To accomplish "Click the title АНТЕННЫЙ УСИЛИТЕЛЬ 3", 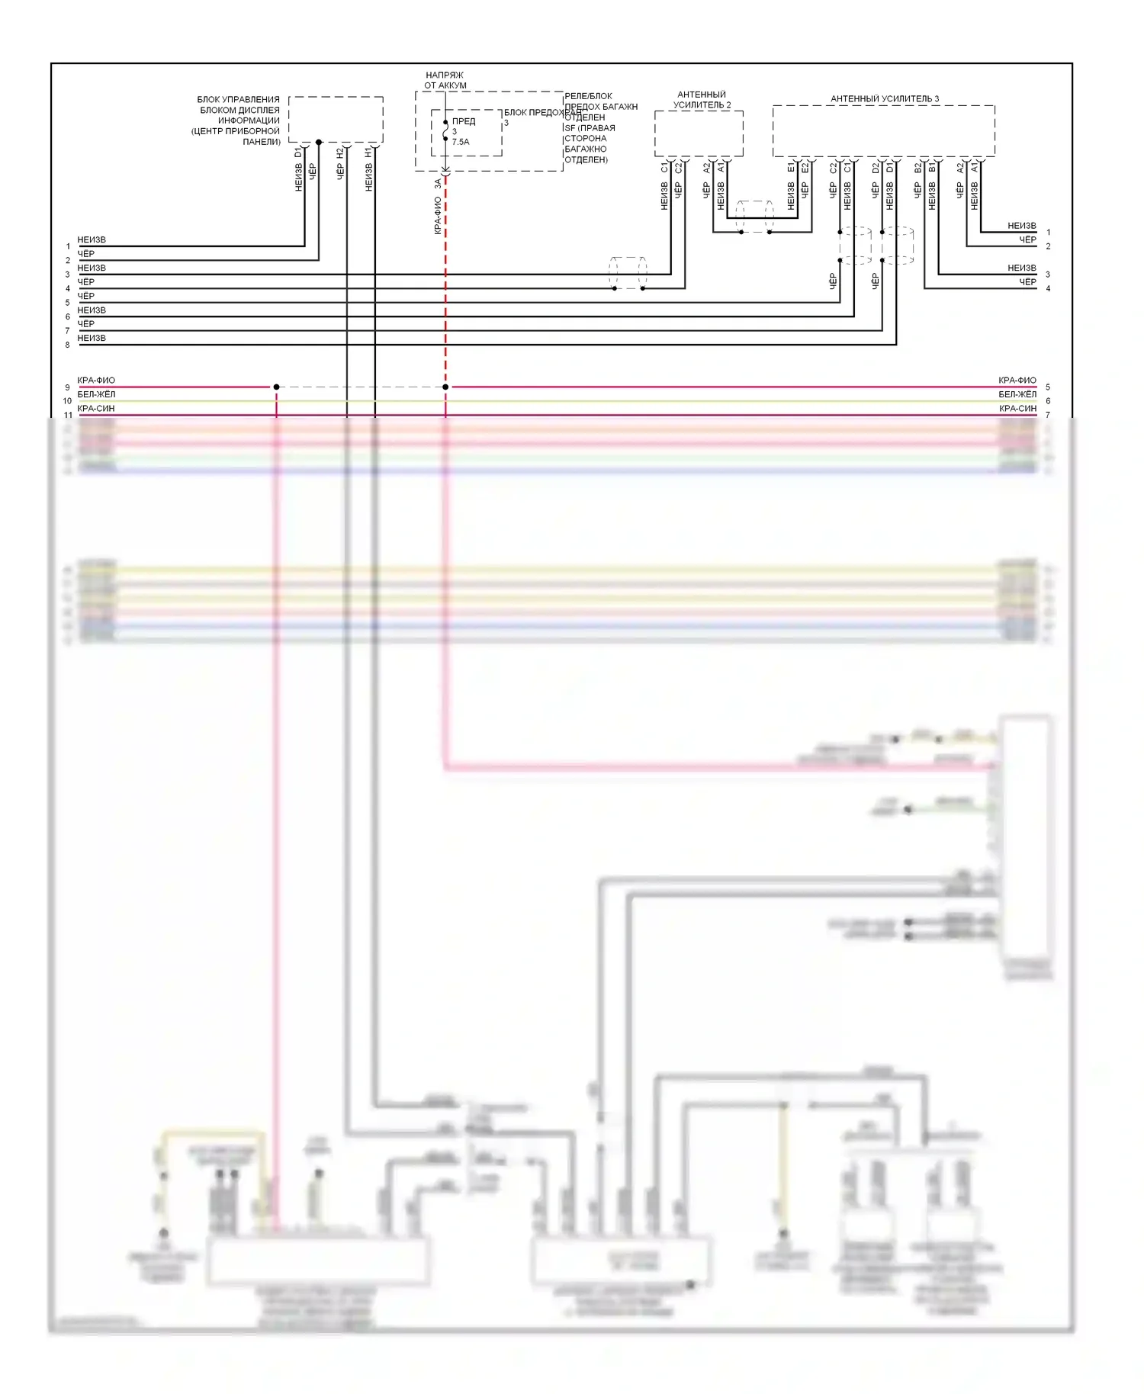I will pos(884,98).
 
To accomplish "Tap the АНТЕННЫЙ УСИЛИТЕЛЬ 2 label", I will pos(701,100).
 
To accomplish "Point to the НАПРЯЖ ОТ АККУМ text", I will pos(445,80).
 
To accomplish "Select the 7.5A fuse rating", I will pos(461,142).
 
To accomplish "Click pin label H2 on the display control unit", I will pos(340,153).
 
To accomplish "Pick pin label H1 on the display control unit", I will pos(369,153).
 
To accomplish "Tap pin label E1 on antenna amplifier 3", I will pos(791,167).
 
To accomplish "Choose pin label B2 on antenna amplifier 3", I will pos(917,167).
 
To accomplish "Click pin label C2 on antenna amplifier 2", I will pos(678,167).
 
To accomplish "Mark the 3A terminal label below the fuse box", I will pos(438,184).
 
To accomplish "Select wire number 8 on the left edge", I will pos(67,345).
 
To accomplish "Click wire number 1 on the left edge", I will pos(67,246).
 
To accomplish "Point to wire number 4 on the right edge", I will pos(1048,288).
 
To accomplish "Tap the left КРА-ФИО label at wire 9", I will pos(96,380).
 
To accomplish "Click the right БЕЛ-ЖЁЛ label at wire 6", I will pos(1017,394).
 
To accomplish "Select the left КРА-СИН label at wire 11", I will pos(96,408).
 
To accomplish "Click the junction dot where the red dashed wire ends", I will pos(445,387).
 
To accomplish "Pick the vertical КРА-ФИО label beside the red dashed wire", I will pos(438,216).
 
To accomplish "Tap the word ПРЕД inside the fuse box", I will pos(464,121).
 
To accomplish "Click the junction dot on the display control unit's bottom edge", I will pos(319,143).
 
